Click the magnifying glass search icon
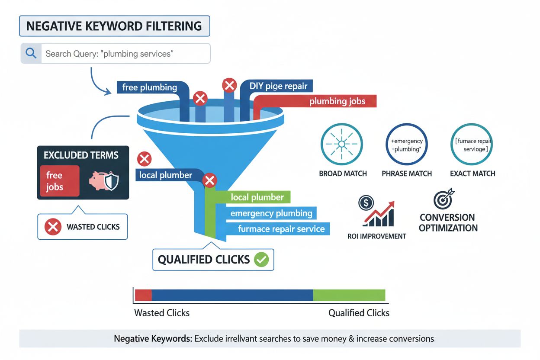pos(31,53)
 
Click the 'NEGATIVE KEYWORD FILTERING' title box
pos(114,26)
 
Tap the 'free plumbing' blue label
pos(150,87)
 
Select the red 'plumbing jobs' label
pos(337,102)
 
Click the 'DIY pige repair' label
pos(278,86)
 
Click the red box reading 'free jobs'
pos(59,181)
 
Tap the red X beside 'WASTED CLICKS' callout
pos(53,226)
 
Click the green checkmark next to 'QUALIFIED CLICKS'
pos(262,260)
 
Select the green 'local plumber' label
pos(257,197)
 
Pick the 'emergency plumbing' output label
pos(271,213)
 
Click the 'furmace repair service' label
pos(281,229)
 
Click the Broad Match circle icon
pos(341,145)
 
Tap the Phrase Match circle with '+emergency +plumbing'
pos(406,145)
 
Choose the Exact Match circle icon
pos(471,145)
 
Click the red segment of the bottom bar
pos(144,295)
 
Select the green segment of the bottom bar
pos(349,295)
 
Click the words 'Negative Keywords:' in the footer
pos(153,339)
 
